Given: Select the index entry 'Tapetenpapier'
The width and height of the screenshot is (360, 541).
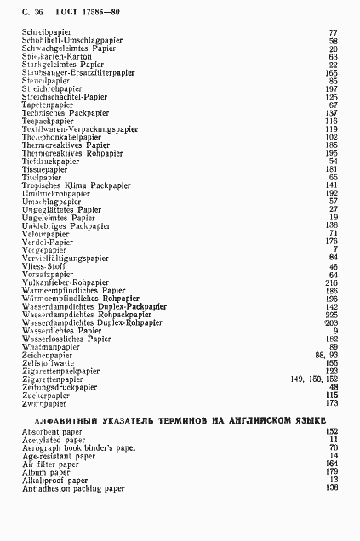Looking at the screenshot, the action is (50, 105).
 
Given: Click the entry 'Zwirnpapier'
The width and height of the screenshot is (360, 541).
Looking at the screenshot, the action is (46, 403).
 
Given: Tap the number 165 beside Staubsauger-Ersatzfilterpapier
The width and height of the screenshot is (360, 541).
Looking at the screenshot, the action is (331, 72).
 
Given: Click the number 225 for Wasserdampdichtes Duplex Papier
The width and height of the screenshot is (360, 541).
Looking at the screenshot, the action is (331, 315).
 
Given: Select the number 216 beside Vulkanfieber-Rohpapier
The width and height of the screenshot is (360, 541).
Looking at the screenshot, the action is (331, 282).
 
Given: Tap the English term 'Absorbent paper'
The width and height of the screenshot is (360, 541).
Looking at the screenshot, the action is (55, 432).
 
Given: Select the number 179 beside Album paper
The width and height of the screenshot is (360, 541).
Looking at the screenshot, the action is (331, 472).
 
